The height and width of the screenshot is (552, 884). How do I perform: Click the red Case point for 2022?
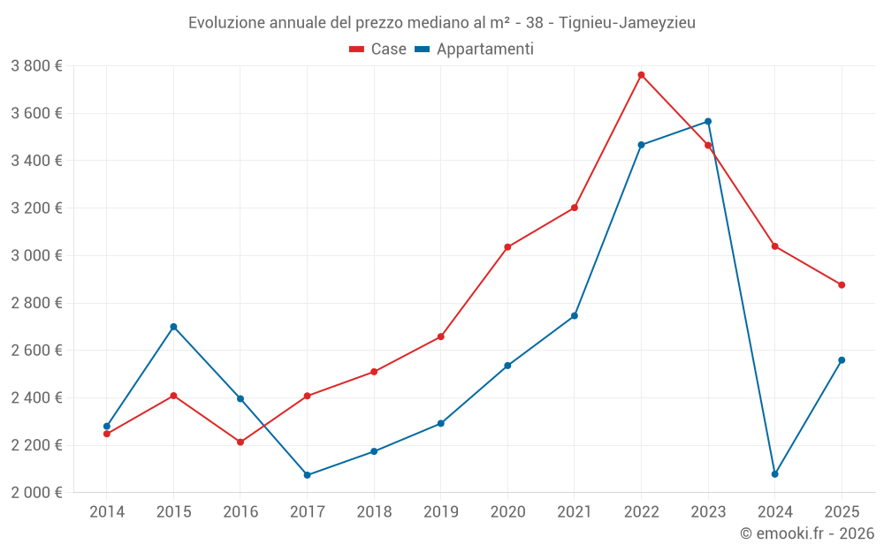pos(641,75)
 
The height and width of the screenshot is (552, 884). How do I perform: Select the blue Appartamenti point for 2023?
pos(708,122)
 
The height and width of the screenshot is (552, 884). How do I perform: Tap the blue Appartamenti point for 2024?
pos(775,474)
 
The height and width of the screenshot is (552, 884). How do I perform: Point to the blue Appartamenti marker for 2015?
pos(173,327)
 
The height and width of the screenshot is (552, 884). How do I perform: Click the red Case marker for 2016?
pos(240,442)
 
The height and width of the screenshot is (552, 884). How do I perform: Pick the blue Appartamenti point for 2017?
pos(307,475)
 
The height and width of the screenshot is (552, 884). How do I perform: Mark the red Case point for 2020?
pos(507,247)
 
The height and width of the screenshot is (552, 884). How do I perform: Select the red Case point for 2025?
pos(842,285)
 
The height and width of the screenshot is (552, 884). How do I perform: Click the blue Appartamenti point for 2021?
pos(575,316)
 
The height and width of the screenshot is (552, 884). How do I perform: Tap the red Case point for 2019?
pos(441,336)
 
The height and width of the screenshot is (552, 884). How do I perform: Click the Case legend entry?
pos(378,49)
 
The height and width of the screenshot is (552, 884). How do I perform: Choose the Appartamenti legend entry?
pos(474,49)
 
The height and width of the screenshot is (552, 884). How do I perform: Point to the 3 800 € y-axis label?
pos(36,66)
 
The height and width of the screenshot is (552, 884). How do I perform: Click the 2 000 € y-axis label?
pos(36,493)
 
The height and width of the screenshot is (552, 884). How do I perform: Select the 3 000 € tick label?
pos(36,256)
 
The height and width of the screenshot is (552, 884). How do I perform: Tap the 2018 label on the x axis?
pos(374,511)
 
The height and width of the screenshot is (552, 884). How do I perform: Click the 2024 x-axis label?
pos(775,511)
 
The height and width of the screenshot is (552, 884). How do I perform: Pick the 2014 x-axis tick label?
pos(107,511)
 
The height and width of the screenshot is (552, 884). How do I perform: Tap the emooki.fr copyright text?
pos(807,533)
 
